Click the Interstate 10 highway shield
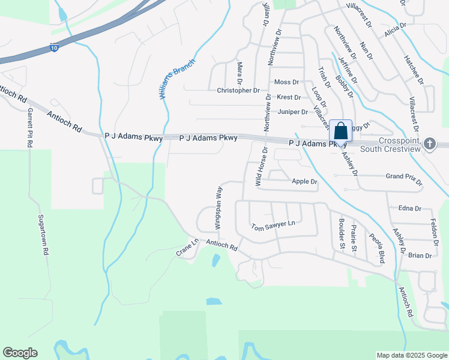pyautogui.click(x=54, y=47)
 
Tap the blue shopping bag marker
pyautogui.click(x=340, y=131)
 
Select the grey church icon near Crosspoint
pyautogui.click(x=429, y=143)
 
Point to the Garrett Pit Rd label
pyautogui.click(x=28, y=127)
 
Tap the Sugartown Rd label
pyautogui.click(x=43, y=235)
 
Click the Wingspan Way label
pyautogui.click(x=218, y=208)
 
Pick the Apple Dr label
pyautogui.click(x=304, y=181)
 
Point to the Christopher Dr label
pyautogui.click(x=238, y=91)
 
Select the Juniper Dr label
pyautogui.click(x=293, y=112)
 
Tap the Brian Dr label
pyautogui.click(x=420, y=256)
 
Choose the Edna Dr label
pyautogui.click(x=410, y=208)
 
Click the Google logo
pyautogui.click(x=20, y=353)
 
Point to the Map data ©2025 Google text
pyautogui.click(x=411, y=355)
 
